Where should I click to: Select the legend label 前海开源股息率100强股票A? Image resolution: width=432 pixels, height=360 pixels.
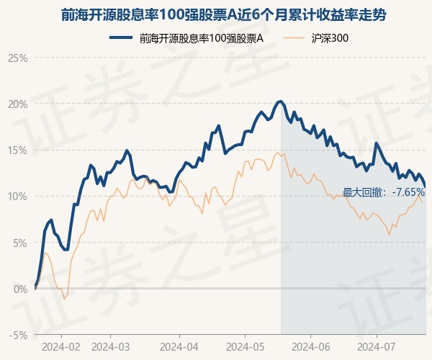click(202, 37)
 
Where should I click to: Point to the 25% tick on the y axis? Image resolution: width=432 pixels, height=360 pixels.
click(17, 58)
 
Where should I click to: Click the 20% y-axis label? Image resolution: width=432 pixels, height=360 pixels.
click(17, 104)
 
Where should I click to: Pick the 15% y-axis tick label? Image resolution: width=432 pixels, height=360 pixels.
click(17, 150)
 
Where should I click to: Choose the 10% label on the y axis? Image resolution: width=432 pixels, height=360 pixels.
click(17, 196)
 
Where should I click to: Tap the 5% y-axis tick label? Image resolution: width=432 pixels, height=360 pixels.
click(19, 243)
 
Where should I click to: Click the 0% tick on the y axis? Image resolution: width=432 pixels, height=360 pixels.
click(19, 289)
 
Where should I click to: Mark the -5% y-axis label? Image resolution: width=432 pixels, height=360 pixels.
click(18, 335)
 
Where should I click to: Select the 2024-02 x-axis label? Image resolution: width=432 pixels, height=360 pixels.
click(60, 346)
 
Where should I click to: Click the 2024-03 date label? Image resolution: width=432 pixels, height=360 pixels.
click(110, 346)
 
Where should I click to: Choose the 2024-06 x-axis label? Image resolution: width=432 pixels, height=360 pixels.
click(310, 346)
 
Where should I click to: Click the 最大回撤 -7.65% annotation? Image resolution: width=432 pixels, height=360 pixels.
click(383, 192)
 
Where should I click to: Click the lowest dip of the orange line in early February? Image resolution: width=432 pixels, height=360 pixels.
click(64, 298)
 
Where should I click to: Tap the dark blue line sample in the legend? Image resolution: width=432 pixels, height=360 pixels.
click(122, 37)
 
